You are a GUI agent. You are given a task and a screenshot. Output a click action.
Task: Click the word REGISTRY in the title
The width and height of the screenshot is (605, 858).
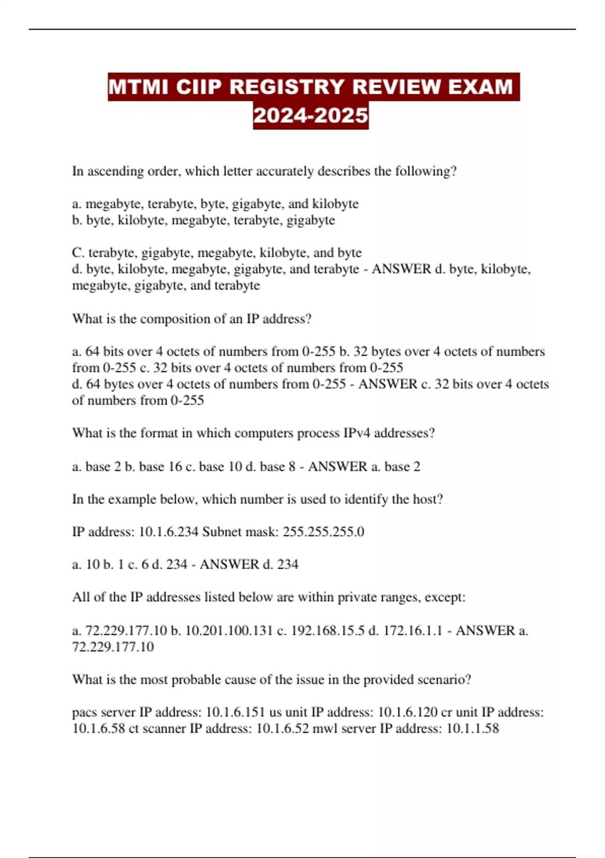pyautogui.click(x=287, y=87)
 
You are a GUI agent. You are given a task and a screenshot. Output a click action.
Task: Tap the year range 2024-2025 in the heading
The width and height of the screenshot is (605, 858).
pyautogui.click(x=311, y=116)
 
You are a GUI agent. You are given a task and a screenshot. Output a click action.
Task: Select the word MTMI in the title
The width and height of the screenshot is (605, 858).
pyautogui.click(x=138, y=87)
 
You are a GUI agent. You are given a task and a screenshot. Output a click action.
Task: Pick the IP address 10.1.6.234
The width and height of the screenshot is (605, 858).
pyautogui.click(x=168, y=531)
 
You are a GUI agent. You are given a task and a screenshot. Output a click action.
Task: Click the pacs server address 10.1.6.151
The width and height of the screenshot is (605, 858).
pyautogui.click(x=235, y=712)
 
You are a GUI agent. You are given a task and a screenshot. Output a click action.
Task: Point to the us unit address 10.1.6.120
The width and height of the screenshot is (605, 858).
pyautogui.click(x=407, y=712)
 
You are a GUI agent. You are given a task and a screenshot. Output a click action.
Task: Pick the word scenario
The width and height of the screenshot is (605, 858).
pyautogui.click(x=442, y=679)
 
